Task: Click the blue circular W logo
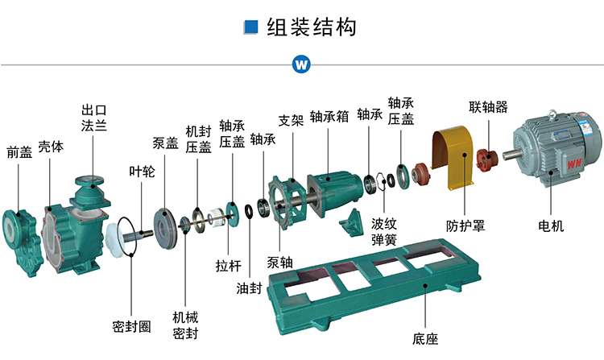(301, 64)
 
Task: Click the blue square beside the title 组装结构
(250, 27)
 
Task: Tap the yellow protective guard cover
(453, 157)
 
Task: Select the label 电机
(551, 226)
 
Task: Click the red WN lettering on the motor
(574, 163)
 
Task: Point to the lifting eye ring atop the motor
(552, 114)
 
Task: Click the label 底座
(425, 339)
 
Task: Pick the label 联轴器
(488, 106)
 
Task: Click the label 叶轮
(142, 172)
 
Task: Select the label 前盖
(19, 152)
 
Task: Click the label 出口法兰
(94, 118)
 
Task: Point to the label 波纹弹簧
(384, 231)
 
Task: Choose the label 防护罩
(465, 226)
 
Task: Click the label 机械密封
(185, 325)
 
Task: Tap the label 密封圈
(131, 326)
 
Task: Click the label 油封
(249, 288)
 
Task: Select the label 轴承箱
(329, 116)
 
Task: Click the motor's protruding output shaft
(511, 154)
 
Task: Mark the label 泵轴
(280, 263)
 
